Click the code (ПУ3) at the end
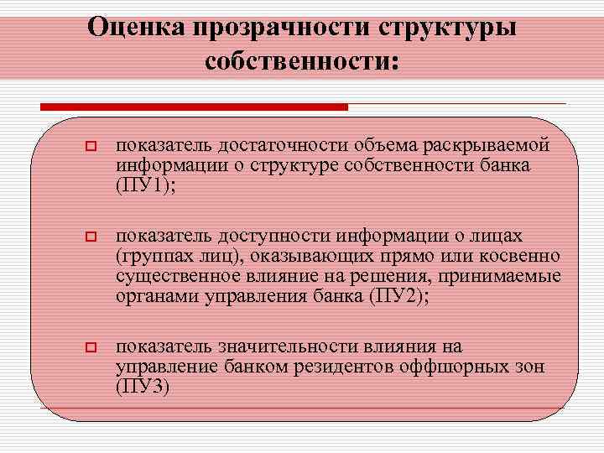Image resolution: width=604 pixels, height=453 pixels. pyautogui.click(x=144, y=387)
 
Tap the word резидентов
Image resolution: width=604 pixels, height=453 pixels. pyautogui.click(x=307, y=367)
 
